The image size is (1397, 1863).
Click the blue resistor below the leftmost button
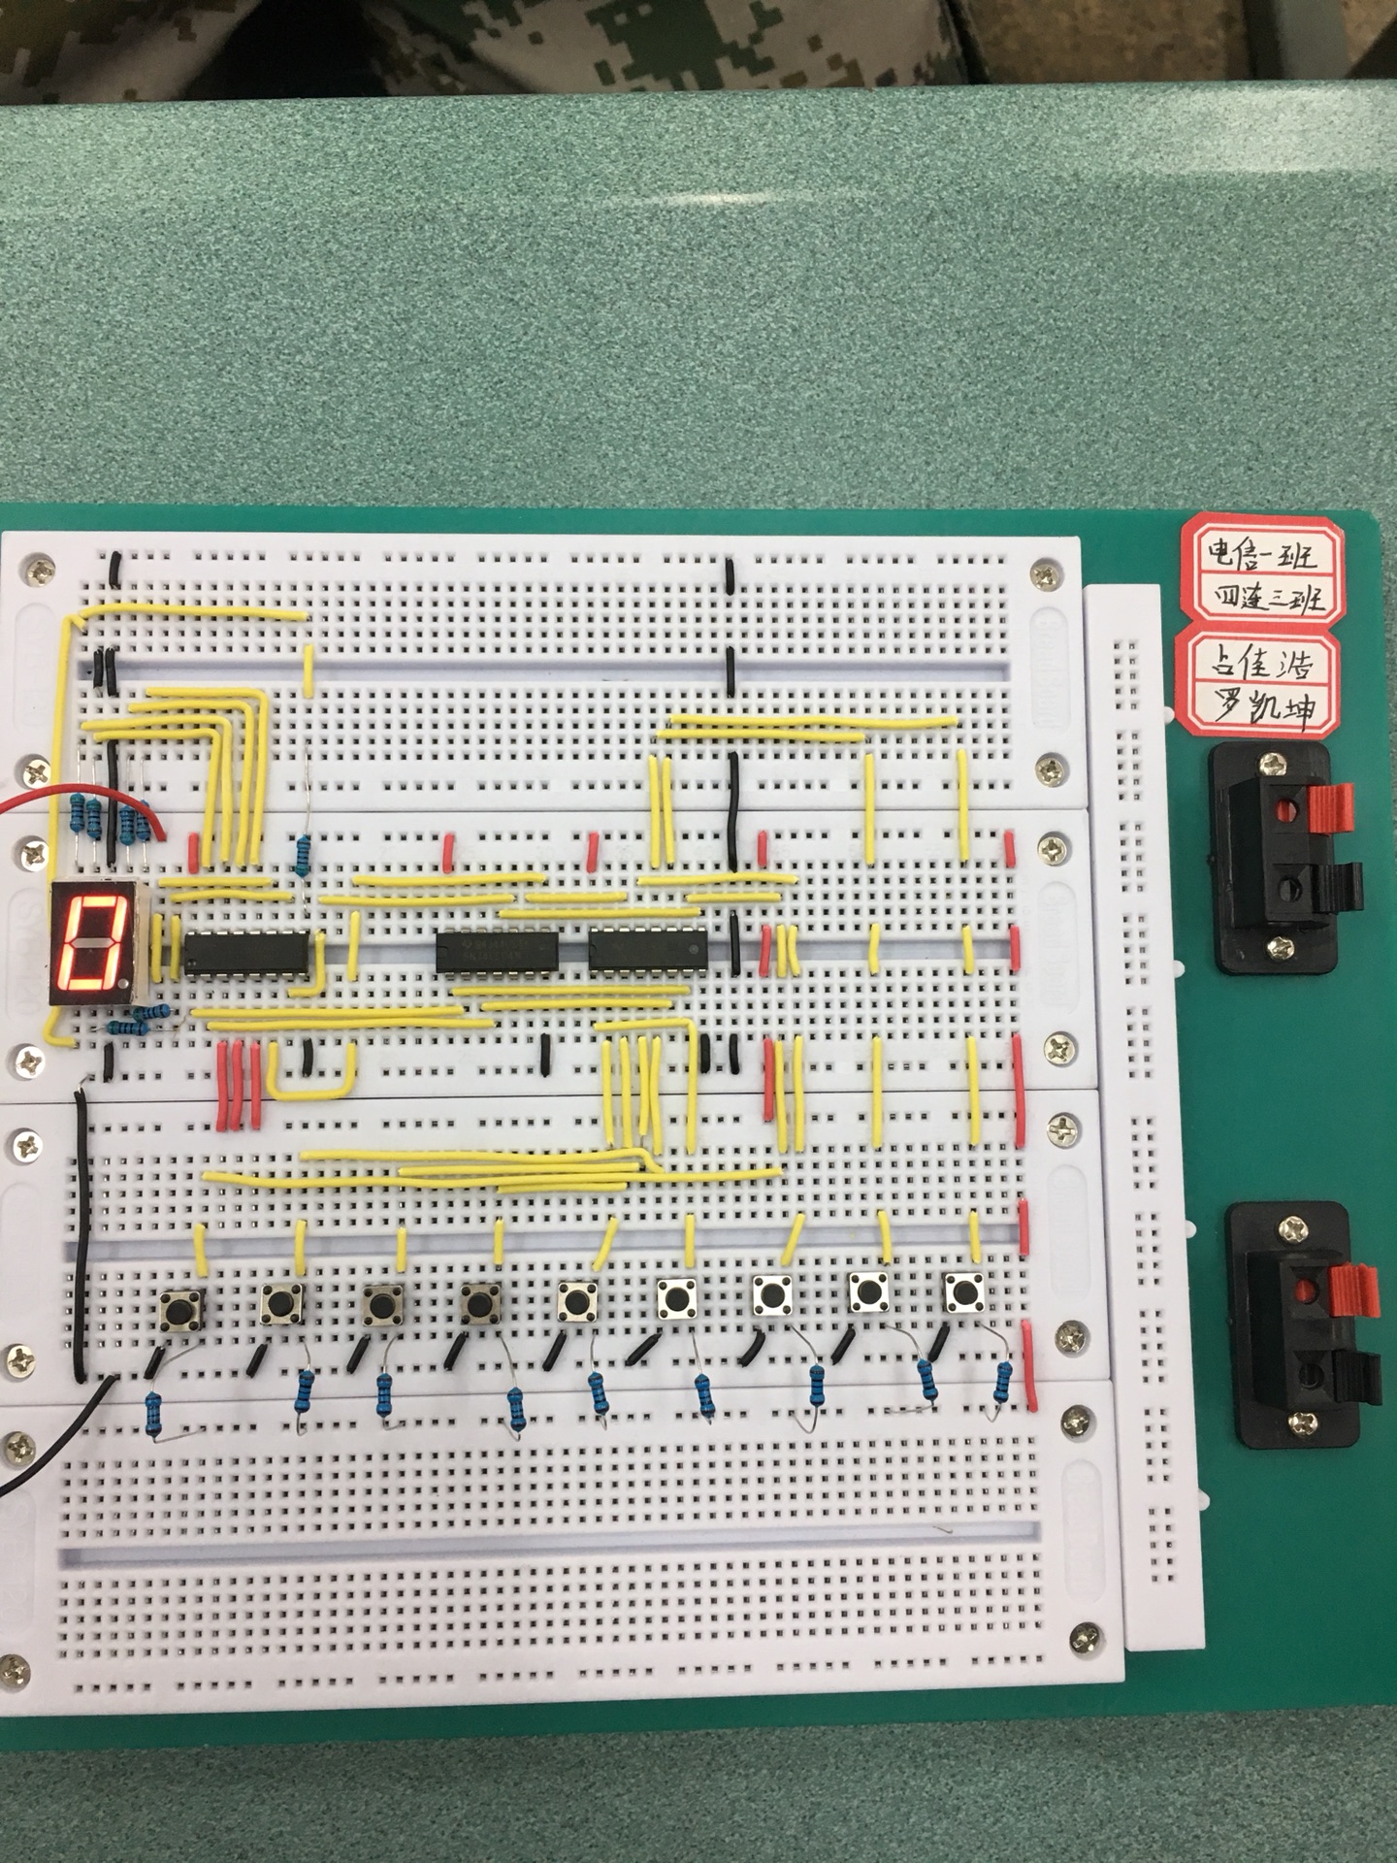point(153,1412)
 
